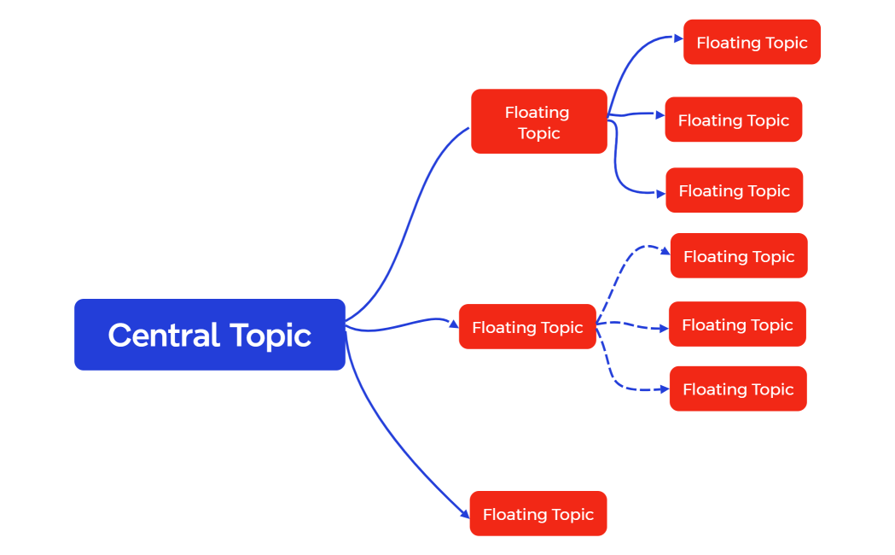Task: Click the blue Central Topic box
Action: [x=209, y=334]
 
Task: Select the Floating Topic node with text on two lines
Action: [x=538, y=121]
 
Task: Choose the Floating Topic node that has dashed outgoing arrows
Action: [x=527, y=327]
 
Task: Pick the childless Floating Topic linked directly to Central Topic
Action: [x=538, y=513]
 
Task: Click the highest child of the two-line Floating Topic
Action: [x=752, y=42]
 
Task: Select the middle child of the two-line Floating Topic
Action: [x=733, y=120]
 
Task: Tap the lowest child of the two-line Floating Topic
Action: [x=734, y=190]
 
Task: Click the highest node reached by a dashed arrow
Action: [x=738, y=255]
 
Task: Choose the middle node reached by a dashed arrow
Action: [x=737, y=324]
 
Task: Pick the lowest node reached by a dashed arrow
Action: [x=738, y=388]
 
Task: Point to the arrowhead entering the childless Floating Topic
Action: [x=465, y=514]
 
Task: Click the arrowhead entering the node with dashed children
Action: [x=453, y=324]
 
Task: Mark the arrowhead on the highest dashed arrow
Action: [x=665, y=250]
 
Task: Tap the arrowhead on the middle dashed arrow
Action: [x=664, y=328]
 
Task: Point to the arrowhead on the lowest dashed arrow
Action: [x=665, y=389]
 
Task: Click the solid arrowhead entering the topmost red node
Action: [x=678, y=38]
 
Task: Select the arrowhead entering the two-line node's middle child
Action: [x=660, y=114]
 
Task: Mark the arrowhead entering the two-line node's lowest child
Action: [x=660, y=194]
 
